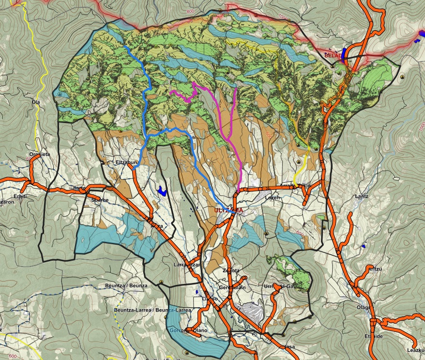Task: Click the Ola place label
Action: click(x=35, y=102)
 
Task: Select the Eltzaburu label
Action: click(x=127, y=163)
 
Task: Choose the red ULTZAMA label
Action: click(x=228, y=210)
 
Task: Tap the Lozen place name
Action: click(x=273, y=198)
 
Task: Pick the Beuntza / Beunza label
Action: click(x=126, y=286)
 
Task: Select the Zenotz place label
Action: click(x=231, y=270)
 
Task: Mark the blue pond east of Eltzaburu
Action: click(x=162, y=191)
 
